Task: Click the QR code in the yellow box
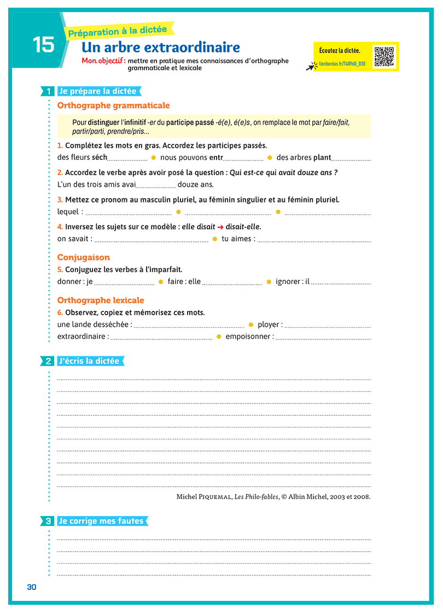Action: (x=384, y=57)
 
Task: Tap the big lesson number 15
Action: (x=43, y=45)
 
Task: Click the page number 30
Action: (x=31, y=587)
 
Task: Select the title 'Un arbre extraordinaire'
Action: (x=160, y=48)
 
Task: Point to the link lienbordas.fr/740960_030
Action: (x=342, y=64)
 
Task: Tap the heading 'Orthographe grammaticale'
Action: (x=113, y=106)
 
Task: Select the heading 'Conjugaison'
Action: (x=84, y=257)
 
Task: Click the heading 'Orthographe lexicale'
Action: (x=101, y=300)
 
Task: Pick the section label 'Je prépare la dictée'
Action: (x=97, y=91)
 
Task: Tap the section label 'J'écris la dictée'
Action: (x=89, y=361)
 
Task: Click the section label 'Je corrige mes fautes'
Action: (x=101, y=522)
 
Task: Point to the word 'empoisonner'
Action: (x=249, y=337)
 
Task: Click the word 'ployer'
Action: (x=269, y=325)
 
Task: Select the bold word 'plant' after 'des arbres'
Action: (x=322, y=158)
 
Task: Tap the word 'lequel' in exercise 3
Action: (x=68, y=212)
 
